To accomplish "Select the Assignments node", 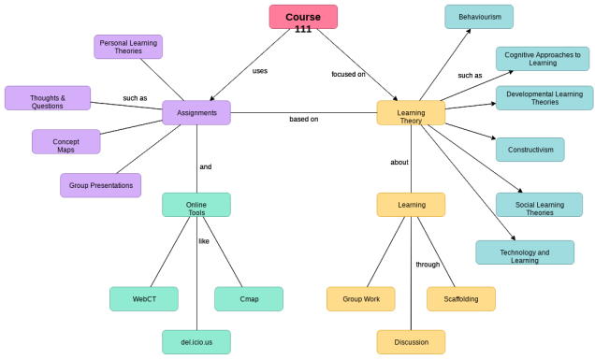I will click(x=196, y=113).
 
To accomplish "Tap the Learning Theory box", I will click(x=411, y=113).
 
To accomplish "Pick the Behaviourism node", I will click(x=479, y=17).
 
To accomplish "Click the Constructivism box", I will click(x=530, y=150).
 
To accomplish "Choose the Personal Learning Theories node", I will click(x=128, y=47).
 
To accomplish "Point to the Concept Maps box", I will click(x=65, y=142).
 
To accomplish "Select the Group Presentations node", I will click(x=100, y=185).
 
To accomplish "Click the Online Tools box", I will click(x=196, y=205).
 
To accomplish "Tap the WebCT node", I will click(x=144, y=299).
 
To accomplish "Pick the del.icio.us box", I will click(x=196, y=342).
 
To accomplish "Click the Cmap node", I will click(x=249, y=299).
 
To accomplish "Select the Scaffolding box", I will click(x=461, y=299).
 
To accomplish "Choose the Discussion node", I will click(x=411, y=342).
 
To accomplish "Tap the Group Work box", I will click(x=360, y=299).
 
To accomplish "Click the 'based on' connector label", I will click(x=303, y=119).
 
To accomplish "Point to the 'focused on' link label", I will click(x=348, y=74).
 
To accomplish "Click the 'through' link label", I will click(x=428, y=264).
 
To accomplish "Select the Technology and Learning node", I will click(x=524, y=252).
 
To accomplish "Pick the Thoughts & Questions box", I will click(x=48, y=98).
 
